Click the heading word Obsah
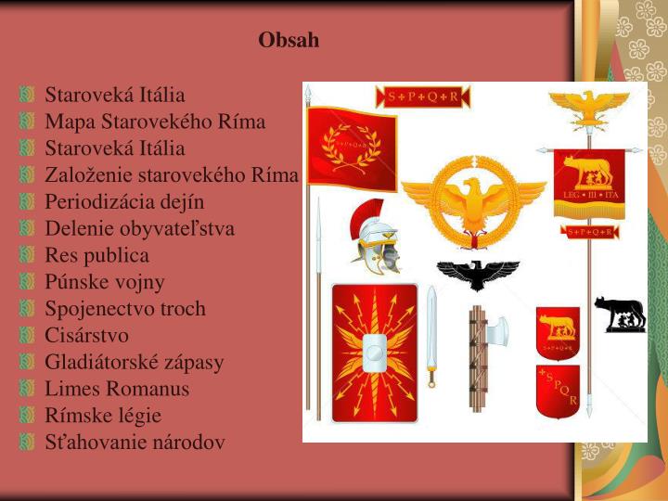(289, 40)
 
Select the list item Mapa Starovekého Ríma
(155, 122)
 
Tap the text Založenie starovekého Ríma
(172, 174)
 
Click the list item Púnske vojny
(105, 282)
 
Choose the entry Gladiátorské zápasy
(135, 362)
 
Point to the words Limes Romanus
(117, 389)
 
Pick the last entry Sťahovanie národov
(135, 443)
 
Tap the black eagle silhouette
(480, 276)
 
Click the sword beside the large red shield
(431, 334)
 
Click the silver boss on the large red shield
(375, 352)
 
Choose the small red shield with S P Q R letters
(558, 391)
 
